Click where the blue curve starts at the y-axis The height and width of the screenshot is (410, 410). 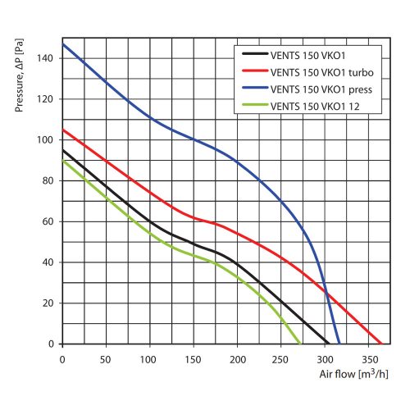62,43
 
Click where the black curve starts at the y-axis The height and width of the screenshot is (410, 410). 62,149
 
